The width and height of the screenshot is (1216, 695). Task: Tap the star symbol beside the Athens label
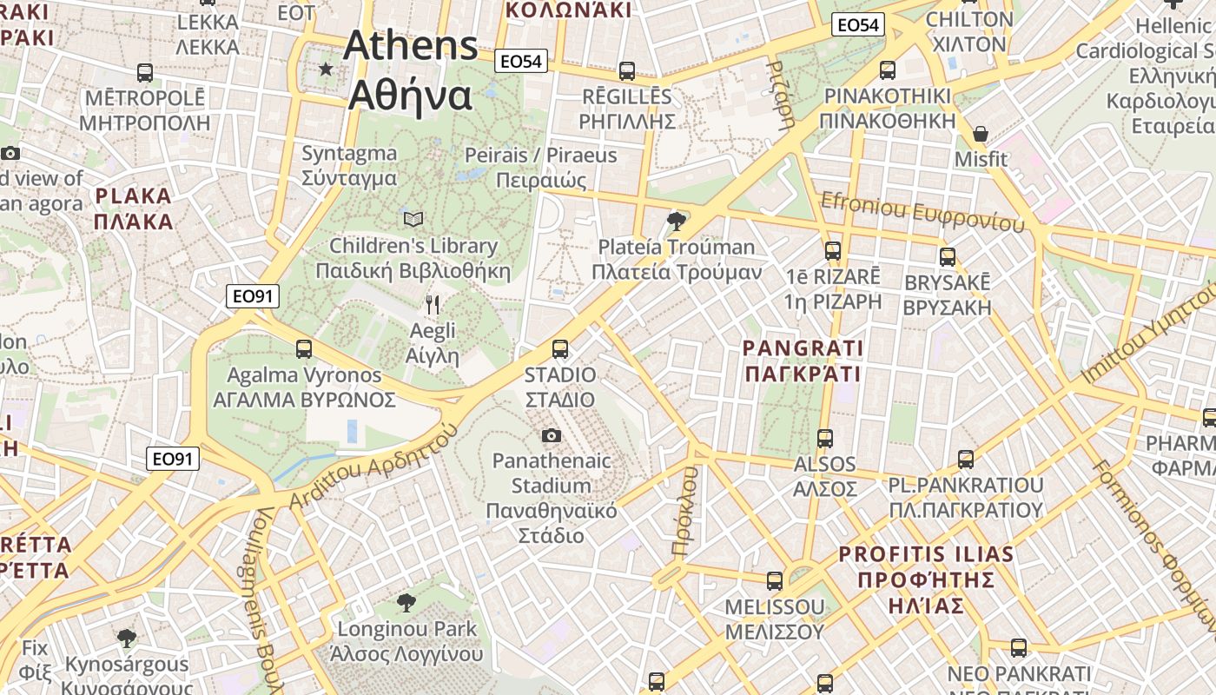tap(326, 69)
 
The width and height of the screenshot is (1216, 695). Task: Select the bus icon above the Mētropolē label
tap(145, 73)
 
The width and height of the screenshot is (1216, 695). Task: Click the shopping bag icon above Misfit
tap(981, 134)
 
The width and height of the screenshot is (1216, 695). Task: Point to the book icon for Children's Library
tap(413, 219)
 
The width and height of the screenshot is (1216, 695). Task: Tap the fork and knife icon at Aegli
tap(433, 304)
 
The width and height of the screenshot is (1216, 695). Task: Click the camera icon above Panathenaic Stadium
tap(551, 435)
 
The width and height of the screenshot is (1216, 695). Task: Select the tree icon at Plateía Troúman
tap(676, 222)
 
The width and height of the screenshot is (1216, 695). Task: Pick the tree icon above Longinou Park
tap(406, 602)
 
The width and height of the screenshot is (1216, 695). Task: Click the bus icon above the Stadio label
tap(560, 349)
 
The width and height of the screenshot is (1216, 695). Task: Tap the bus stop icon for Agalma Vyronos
tap(303, 349)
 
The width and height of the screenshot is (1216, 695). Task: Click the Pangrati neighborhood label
tap(803, 361)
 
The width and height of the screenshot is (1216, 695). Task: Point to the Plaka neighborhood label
tap(134, 208)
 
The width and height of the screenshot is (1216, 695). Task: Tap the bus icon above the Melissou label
tap(774, 581)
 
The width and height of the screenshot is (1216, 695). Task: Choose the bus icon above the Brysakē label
tap(948, 257)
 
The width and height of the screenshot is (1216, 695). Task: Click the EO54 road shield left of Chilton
tap(857, 25)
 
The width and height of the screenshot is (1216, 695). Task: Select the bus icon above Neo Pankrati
tap(1019, 648)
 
